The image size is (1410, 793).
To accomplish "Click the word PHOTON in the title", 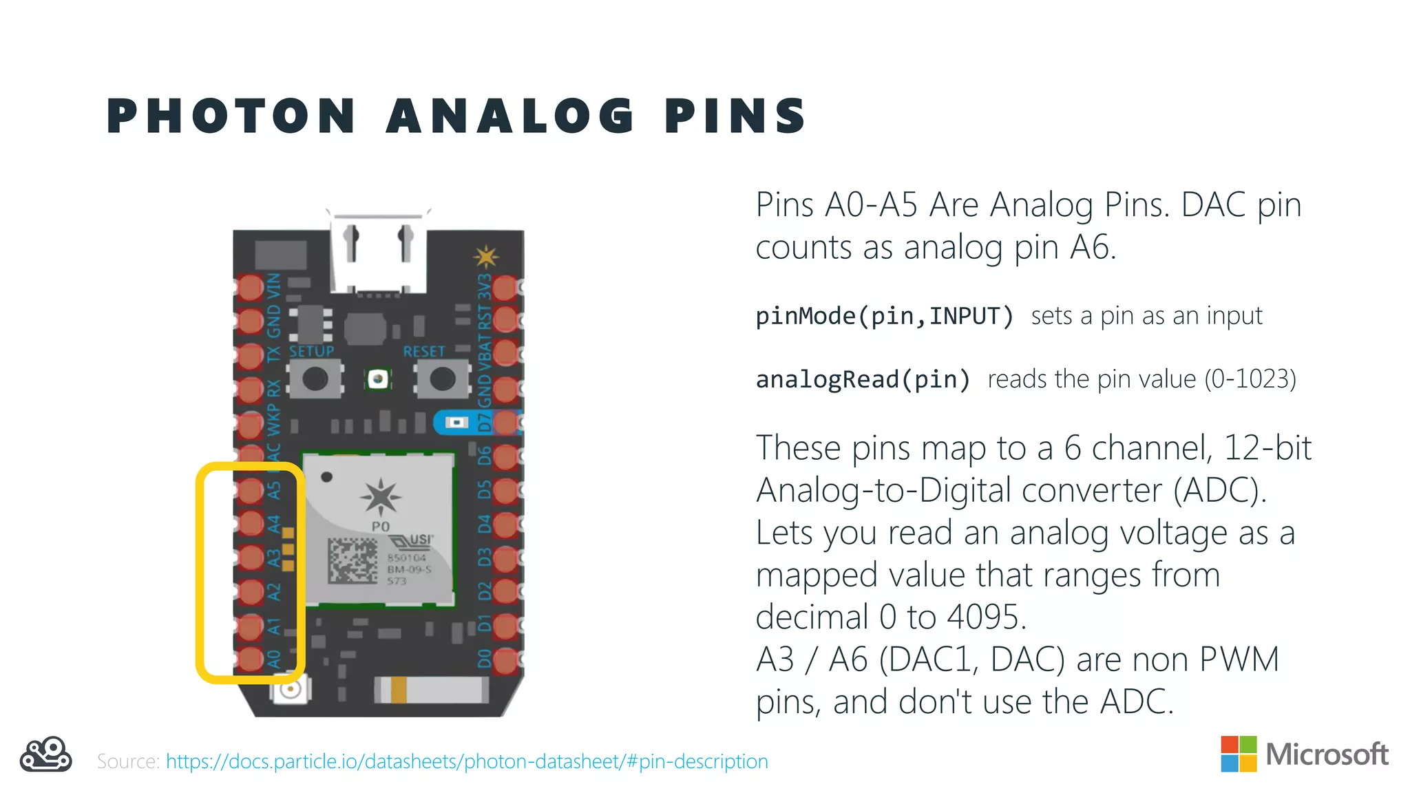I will point(231,116).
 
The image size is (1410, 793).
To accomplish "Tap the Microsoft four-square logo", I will point(1239,754).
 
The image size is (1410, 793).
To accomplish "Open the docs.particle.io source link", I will point(467,761).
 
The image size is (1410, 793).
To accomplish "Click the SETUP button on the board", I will point(315,378).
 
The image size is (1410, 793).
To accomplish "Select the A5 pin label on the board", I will point(275,490).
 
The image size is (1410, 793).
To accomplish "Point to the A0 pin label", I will point(274,659).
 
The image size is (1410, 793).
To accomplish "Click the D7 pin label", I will point(485,422).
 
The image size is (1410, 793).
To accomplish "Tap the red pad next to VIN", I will point(251,287).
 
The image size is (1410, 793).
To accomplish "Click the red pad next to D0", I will point(505,661).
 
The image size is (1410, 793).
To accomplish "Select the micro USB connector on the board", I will point(379,251).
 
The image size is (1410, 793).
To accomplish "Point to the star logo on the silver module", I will point(380,496).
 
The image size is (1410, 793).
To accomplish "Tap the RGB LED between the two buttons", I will point(377,379).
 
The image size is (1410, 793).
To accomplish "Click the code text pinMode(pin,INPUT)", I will point(884,316).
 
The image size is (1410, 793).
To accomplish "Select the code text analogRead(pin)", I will point(863,379).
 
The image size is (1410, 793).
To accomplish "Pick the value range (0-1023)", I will point(1250,379).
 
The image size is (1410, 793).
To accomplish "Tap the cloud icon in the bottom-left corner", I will point(45,755).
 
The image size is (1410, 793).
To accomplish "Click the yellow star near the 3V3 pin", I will point(486,257).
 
